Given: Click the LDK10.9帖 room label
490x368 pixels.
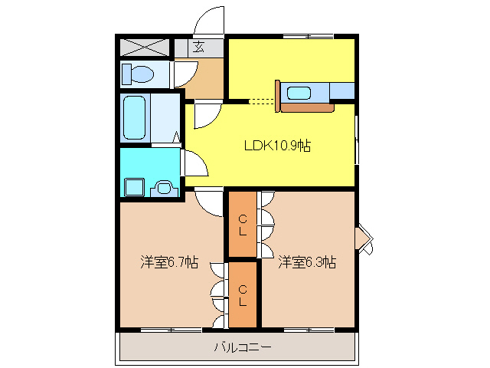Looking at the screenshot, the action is (x=277, y=146).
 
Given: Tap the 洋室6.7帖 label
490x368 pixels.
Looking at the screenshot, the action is (x=169, y=262).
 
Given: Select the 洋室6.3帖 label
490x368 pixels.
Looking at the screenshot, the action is (x=308, y=262).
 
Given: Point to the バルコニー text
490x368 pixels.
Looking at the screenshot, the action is (x=243, y=347).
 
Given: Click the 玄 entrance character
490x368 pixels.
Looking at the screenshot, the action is (x=199, y=47).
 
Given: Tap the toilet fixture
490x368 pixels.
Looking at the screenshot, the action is (x=138, y=74).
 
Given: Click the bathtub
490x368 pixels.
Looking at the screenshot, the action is (x=135, y=117).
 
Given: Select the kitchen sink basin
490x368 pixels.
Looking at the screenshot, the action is (x=299, y=94).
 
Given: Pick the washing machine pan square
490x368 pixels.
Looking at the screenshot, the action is (x=135, y=187).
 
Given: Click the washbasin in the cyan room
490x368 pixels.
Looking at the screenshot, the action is (x=164, y=189).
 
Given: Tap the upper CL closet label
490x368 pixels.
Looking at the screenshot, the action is (x=243, y=225).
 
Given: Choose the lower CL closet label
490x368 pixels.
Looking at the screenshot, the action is (x=243, y=296).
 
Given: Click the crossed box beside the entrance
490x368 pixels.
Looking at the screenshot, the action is (x=145, y=48).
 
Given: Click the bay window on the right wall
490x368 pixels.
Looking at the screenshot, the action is (x=364, y=238).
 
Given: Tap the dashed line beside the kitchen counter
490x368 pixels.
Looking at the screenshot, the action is (x=262, y=101).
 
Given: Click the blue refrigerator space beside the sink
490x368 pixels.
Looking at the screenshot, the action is (x=342, y=90).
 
